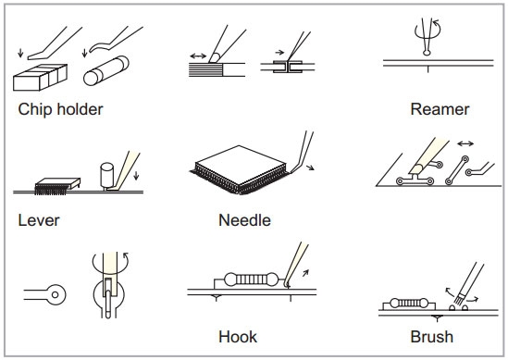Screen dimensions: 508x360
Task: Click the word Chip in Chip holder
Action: (35, 109)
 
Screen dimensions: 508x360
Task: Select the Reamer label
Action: (440, 109)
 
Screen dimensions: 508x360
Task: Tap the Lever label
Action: (39, 220)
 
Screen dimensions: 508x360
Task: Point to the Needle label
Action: (244, 220)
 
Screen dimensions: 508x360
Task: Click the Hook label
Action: (238, 337)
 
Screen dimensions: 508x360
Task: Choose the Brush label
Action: (432, 337)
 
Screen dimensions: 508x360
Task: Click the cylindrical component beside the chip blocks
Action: (105, 70)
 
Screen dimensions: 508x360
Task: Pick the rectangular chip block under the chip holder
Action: (40, 78)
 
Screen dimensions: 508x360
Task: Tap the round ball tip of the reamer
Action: (427, 52)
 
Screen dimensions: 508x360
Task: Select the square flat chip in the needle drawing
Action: (241, 166)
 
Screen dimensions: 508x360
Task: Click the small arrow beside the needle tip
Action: (310, 168)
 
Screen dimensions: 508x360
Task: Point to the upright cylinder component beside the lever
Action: (107, 175)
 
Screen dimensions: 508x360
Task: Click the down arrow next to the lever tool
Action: (136, 175)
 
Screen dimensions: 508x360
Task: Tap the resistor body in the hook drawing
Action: (251, 279)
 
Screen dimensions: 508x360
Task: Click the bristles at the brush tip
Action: (459, 300)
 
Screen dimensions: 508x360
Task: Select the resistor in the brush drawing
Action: (409, 304)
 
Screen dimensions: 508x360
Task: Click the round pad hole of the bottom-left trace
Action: (56, 294)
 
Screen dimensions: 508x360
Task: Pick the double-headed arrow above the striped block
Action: (198, 56)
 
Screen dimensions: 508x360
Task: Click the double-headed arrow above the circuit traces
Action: (465, 143)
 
